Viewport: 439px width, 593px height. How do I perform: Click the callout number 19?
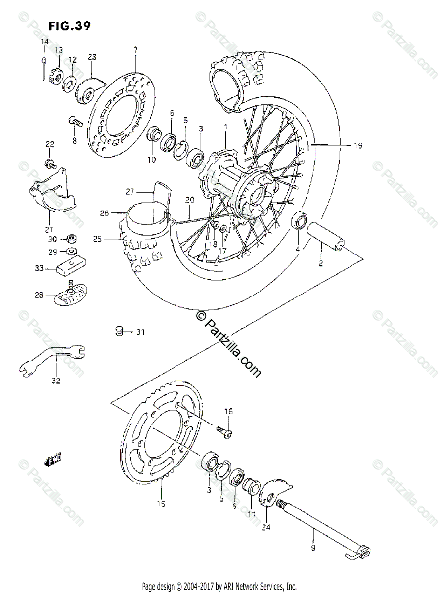pos(357,145)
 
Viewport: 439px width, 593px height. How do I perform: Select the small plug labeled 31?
pos(119,331)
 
